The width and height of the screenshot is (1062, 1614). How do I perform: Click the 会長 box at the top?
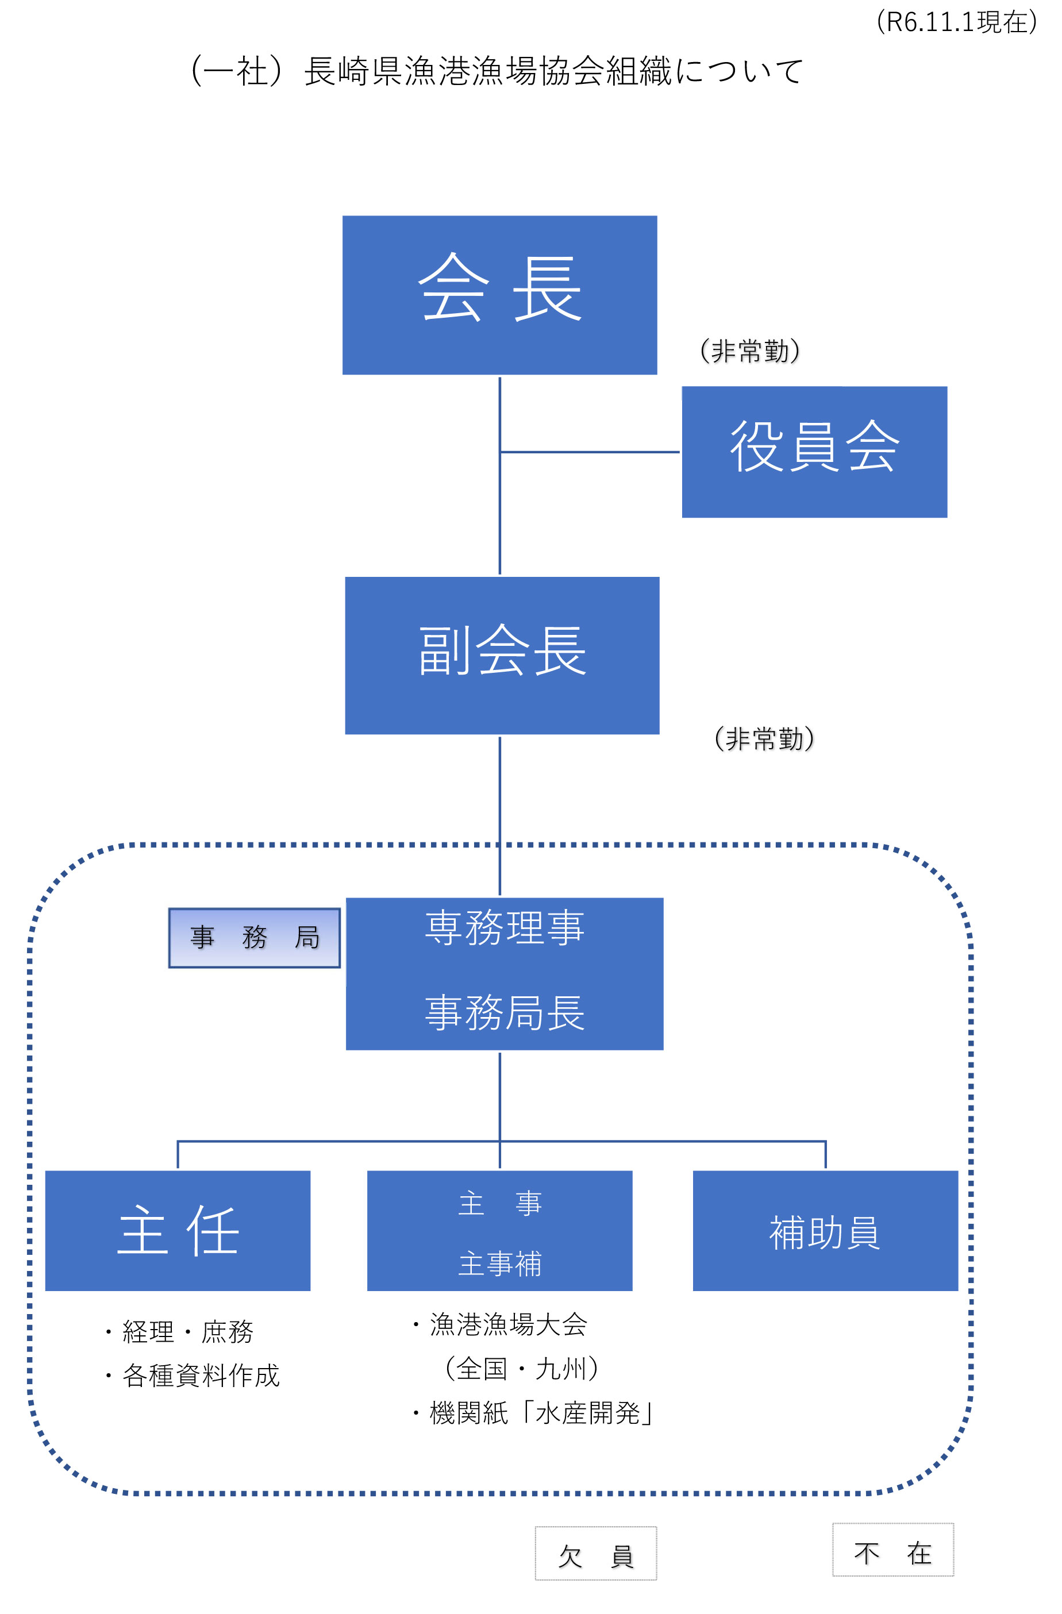tap(499, 294)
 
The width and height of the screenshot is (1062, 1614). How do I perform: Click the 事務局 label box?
tap(255, 937)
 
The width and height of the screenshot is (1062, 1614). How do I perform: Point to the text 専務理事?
tap(505, 928)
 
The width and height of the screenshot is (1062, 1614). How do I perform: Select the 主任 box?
tap(178, 1230)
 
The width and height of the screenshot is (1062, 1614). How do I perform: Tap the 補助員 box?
tap(825, 1230)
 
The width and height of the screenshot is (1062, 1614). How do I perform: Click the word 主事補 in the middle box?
tap(500, 1264)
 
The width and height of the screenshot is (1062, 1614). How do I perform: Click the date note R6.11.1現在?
tap(956, 22)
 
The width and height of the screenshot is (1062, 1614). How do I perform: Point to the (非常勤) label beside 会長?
tap(749, 350)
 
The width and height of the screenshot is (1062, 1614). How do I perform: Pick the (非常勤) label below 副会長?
tap(764, 738)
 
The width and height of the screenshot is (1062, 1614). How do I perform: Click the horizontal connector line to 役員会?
tap(590, 452)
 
